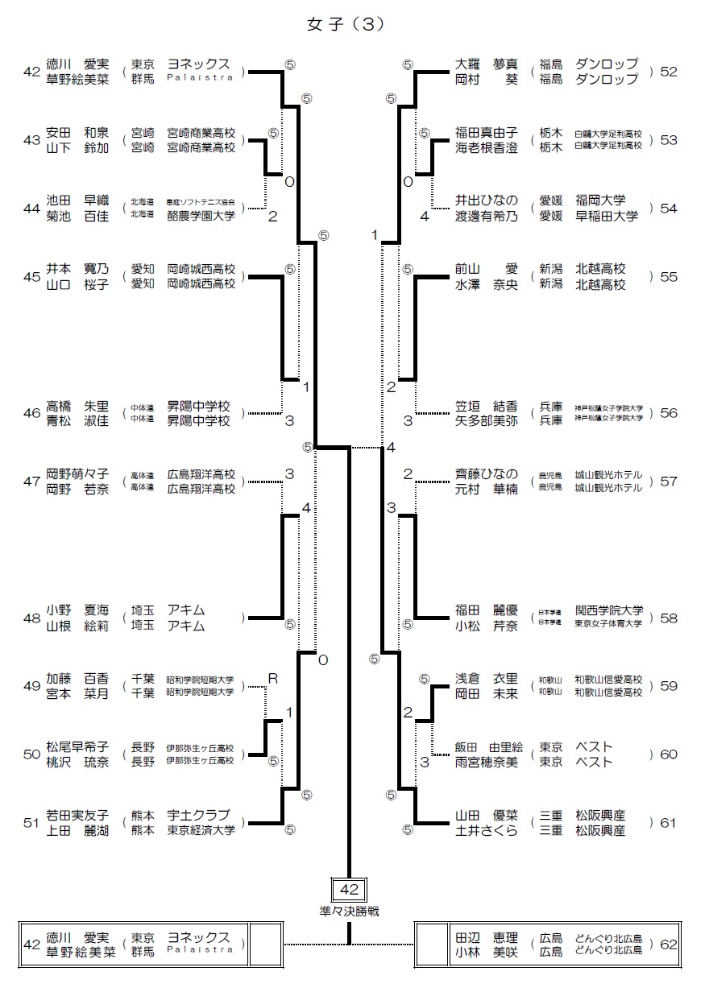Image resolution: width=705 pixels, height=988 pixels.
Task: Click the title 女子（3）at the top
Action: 346,24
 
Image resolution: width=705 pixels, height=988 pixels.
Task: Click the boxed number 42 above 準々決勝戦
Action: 350,890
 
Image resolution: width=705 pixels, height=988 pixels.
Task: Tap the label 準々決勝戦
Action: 349,911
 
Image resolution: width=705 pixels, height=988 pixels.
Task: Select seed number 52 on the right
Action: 668,72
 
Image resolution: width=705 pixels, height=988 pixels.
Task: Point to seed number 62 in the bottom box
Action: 668,945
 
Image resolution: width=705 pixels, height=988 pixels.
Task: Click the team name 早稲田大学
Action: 606,216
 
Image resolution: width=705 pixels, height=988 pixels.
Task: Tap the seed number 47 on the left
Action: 31,482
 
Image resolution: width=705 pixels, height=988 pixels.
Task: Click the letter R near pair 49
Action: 272,678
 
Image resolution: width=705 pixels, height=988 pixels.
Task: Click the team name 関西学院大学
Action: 608,610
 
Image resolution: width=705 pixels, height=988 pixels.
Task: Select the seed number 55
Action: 668,276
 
